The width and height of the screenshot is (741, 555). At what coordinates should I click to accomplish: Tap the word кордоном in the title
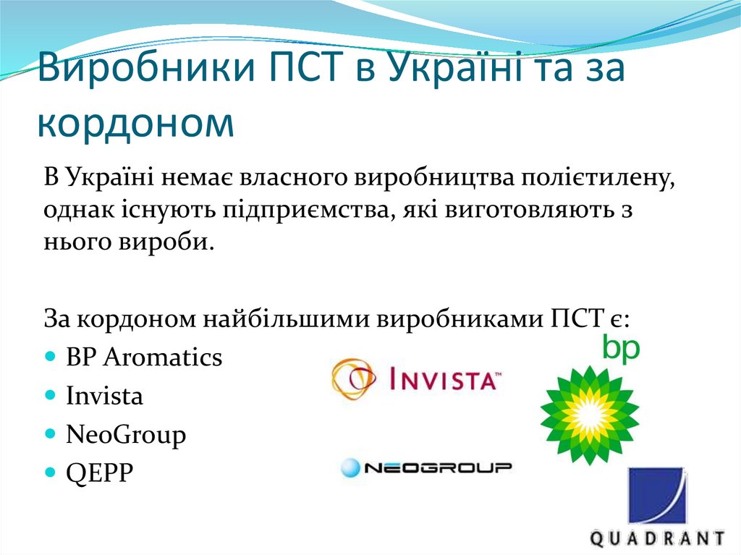(136, 122)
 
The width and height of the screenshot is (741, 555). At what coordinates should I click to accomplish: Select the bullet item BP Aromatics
(144, 357)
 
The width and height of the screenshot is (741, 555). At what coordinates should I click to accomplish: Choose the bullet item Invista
(104, 396)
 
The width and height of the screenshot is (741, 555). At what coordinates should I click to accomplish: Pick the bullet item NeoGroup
(126, 434)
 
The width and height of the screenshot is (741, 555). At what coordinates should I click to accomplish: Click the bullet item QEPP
(100, 473)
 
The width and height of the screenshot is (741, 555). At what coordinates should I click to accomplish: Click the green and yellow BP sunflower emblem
(590, 415)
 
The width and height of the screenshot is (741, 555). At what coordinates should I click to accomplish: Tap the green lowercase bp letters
(621, 349)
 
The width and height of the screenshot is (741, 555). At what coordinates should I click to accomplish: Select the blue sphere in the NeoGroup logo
(350, 468)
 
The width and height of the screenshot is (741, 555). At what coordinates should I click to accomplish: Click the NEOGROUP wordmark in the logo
(437, 468)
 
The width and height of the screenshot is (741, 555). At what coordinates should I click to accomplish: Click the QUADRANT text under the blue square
(656, 539)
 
